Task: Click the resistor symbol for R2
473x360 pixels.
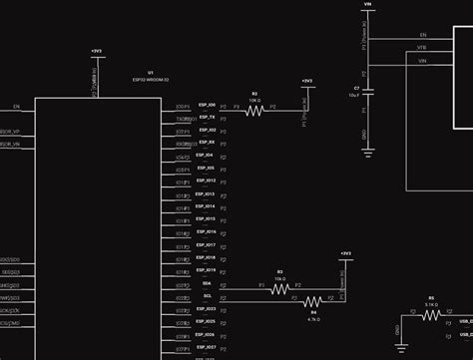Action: (x=254, y=111)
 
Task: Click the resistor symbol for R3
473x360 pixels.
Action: (x=280, y=289)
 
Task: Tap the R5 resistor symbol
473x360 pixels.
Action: (x=431, y=314)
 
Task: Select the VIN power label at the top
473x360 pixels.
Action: (x=368, y=4)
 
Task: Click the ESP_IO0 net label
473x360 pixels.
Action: (x=207, y=105)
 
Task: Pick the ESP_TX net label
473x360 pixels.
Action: (x=207, y=118)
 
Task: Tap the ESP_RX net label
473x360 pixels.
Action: (x=207, y=143)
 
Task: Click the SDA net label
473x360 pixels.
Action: (x=207, y=283)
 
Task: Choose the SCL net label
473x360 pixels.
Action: (x=207, y=296)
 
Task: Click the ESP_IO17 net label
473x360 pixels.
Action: (x=207, y=244)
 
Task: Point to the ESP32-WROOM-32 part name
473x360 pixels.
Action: (x=150, y=79)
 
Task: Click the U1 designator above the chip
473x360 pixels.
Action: (x=150, y=72)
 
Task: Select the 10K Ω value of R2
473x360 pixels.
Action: (x=254, y=100)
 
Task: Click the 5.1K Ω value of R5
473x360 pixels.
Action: (x=431, y=304)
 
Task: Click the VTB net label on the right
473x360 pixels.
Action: (x=422, y=47)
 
